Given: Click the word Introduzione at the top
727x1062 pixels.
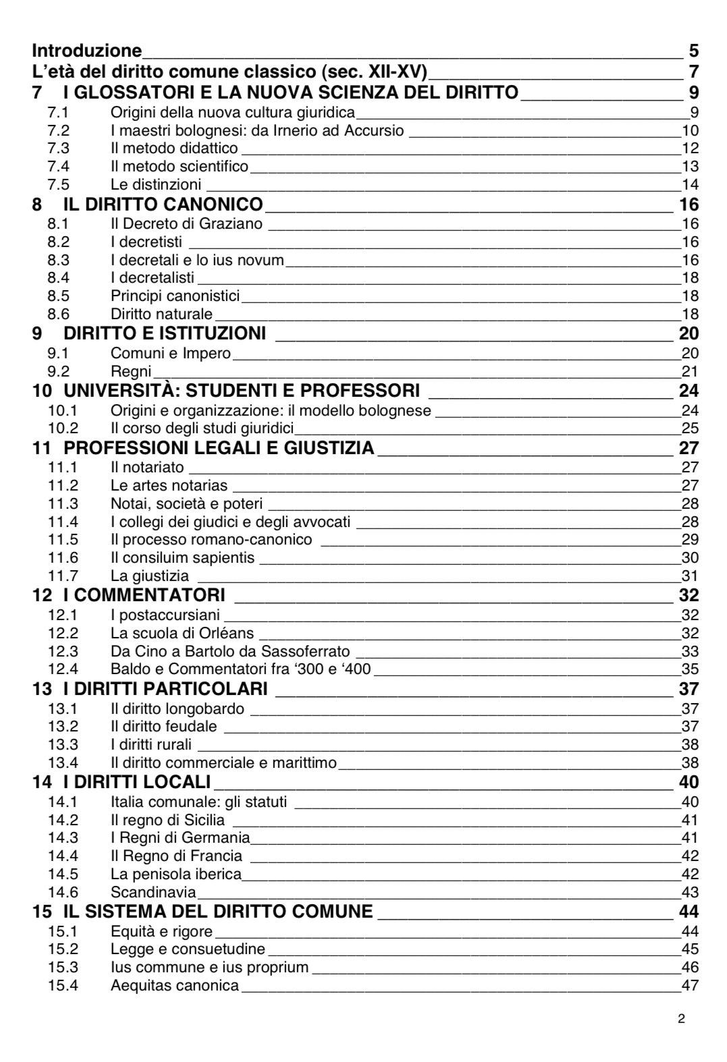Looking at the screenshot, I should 87,51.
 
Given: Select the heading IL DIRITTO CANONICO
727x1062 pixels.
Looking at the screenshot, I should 163,204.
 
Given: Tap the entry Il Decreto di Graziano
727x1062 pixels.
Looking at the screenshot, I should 186,223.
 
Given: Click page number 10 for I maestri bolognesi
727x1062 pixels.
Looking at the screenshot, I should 690,130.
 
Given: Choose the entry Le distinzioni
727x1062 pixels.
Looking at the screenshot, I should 156,184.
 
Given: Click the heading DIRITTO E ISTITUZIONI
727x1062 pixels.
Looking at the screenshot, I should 164,333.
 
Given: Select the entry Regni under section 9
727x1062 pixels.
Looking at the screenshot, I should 131,371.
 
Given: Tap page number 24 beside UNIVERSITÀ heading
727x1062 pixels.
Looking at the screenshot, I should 689,391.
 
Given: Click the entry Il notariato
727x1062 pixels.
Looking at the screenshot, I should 147,467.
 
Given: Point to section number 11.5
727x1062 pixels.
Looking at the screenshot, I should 63,539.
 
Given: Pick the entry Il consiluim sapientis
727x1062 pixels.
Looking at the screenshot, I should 182,557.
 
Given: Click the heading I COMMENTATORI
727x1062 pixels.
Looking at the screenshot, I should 149,595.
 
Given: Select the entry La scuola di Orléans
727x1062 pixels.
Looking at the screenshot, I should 182,633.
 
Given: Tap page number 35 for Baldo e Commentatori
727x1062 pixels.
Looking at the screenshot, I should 690,669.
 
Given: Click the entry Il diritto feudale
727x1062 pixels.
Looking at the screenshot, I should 164,726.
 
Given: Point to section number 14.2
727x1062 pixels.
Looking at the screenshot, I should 63,820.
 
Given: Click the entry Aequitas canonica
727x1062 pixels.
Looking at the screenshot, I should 175,985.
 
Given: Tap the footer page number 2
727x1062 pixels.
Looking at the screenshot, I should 681,1019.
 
